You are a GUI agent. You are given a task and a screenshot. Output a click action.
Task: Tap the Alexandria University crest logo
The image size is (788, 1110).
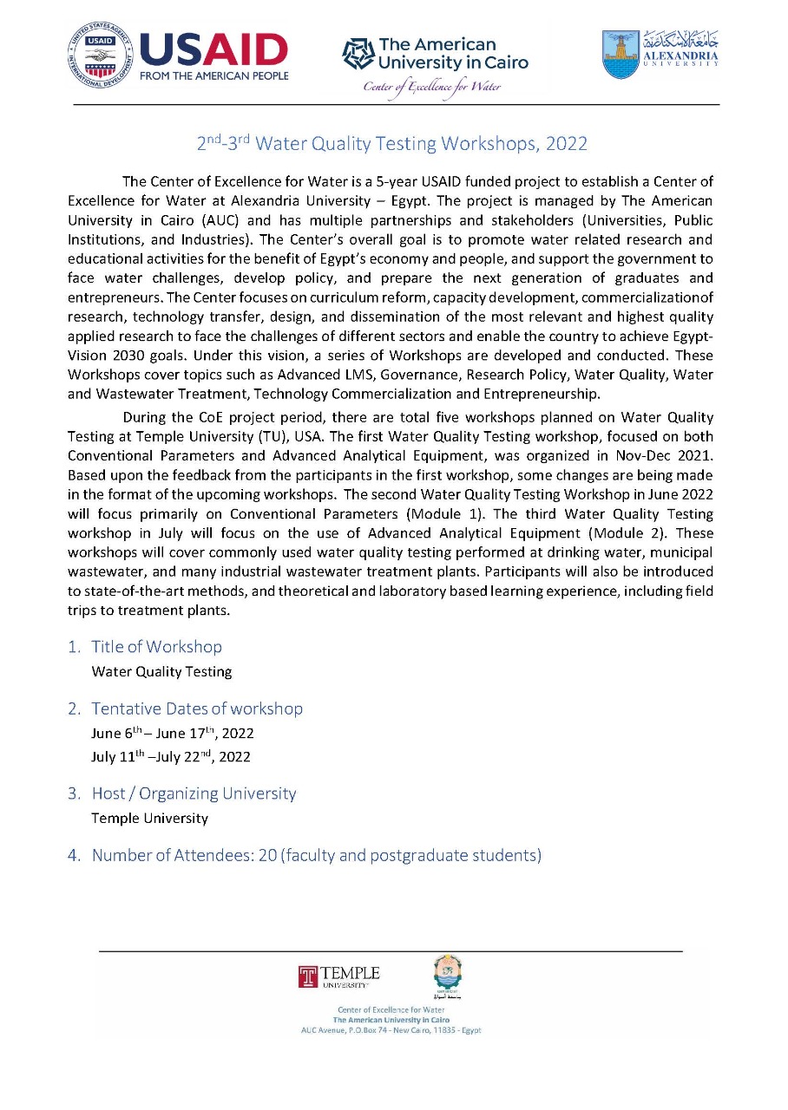point(621,55)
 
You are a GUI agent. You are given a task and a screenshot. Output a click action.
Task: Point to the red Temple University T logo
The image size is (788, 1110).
point(307,976)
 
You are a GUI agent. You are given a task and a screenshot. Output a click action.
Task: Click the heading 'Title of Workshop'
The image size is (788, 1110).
point(157,647)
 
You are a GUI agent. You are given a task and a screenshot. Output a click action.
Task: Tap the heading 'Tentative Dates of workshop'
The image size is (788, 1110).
point(197,708)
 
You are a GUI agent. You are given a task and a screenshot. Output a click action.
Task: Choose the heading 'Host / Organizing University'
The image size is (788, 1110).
point(194,793)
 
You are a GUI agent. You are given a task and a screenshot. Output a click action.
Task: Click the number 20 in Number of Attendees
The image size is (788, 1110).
point(267,856)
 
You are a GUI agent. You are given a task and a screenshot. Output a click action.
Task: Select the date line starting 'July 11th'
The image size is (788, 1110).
point(171,757)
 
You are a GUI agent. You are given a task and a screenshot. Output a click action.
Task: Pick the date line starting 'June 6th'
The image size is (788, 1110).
point(173,734)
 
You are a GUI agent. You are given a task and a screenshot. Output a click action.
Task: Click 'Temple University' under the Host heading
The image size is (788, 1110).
point(150,818)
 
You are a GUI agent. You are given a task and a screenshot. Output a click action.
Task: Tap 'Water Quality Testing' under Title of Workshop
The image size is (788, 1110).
point(162,671)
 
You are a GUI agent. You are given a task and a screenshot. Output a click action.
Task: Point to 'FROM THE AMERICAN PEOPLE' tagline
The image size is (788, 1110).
point(214,75)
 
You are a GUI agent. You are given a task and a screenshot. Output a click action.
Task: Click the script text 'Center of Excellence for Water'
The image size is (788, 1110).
point(432,87)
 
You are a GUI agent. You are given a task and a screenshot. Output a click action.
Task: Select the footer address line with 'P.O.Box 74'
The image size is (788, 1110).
point(391,1030)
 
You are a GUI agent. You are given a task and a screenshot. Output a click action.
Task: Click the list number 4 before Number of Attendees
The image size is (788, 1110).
point(74,856)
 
